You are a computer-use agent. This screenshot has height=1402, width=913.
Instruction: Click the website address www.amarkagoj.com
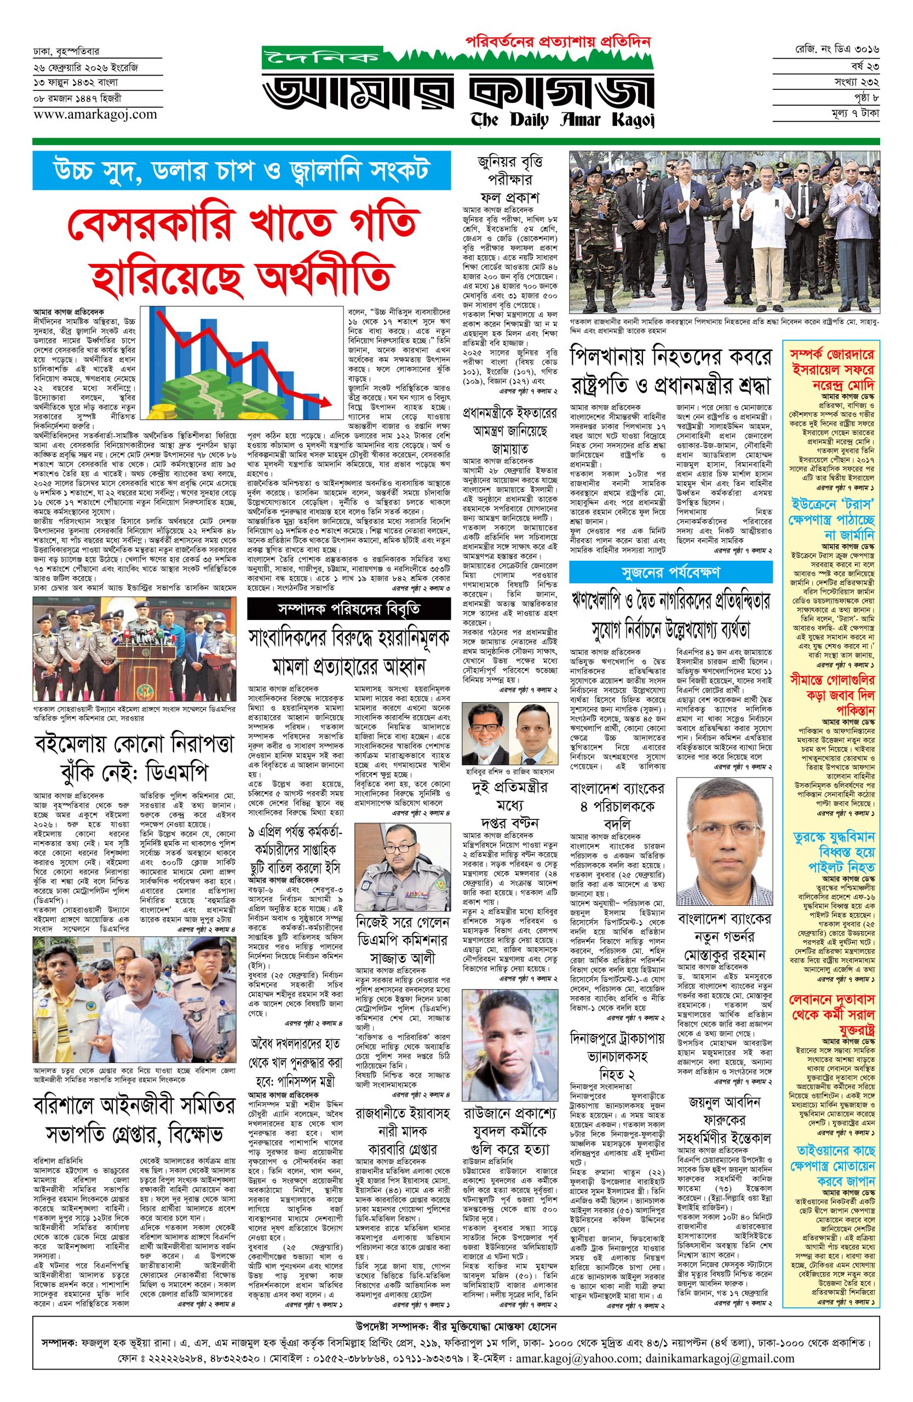(x=95, y=115)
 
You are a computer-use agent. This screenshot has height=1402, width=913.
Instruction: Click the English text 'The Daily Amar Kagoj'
(x=562, y=119)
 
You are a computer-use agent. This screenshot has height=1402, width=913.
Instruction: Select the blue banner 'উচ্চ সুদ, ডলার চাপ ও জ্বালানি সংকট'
(x=242, y=171)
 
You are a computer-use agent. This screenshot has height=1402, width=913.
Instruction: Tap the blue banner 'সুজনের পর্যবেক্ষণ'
(x=670, y=572)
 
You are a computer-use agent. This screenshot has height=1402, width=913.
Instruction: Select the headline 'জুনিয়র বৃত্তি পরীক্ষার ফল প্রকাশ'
(x=509, y=179)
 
